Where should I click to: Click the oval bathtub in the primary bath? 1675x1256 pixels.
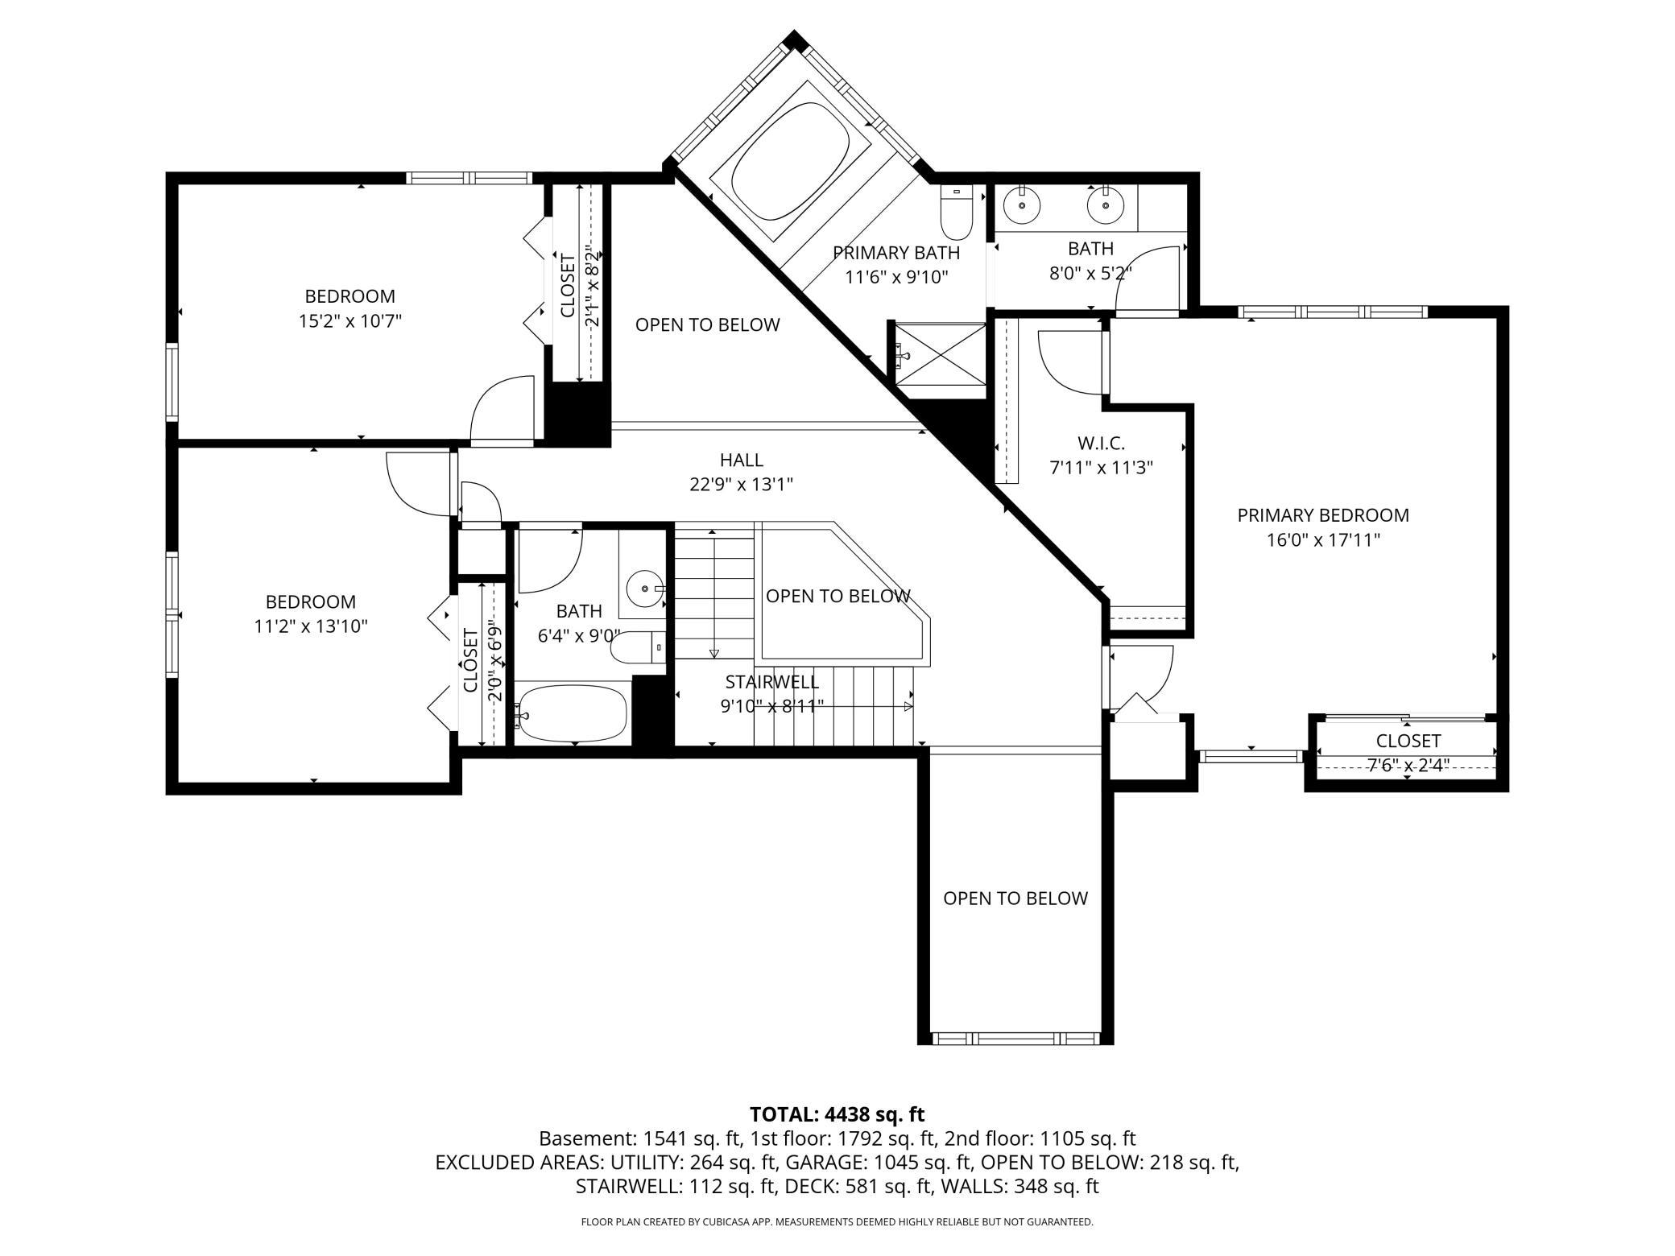[790, 161]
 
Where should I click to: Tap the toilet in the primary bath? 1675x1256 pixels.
[957, 213]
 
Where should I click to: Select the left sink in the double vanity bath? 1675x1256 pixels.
[1023, 205]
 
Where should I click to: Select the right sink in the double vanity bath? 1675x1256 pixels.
[1105, 205]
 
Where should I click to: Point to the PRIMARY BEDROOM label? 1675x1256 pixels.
[1323, 515]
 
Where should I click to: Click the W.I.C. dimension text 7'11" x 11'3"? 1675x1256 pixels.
[1102, 468]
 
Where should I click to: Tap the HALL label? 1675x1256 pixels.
[742, 460]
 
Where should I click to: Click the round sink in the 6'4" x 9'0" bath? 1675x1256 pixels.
[644, 589]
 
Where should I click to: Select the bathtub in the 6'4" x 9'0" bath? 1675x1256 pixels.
[571, 713]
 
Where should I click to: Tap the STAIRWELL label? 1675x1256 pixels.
[771, 682]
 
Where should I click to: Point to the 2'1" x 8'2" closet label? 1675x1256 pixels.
[568, 286]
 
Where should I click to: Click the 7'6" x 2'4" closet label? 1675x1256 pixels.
[1408, 741]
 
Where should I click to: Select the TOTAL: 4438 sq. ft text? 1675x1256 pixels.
[837, 1114]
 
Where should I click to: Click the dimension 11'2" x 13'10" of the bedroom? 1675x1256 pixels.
[311, 626]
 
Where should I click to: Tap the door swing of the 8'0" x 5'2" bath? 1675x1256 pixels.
[1148, 279]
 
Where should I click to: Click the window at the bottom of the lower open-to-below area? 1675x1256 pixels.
[1015, 1039]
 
